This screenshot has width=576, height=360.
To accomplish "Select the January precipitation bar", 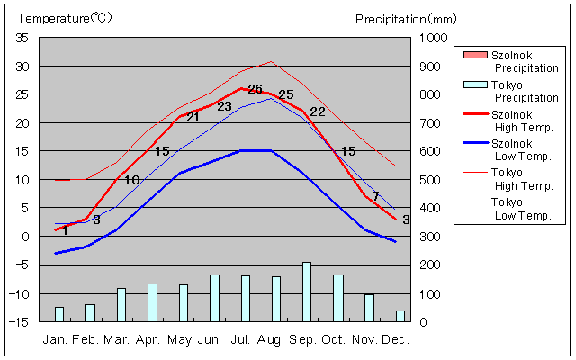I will tap(59, 313).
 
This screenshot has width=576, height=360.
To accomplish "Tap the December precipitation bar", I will tap(400, 315).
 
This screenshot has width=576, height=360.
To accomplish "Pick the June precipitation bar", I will tap(214, 298).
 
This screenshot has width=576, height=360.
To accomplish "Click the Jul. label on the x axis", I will tap(241, 339).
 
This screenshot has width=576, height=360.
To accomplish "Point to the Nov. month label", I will tap(364, 339).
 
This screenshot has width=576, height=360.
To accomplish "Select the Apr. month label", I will tap(148, 339).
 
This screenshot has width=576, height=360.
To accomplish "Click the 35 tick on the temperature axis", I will tap(22, 38).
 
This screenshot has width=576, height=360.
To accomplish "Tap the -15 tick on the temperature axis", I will tap(21, 321).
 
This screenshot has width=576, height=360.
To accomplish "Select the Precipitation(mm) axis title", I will tap(406, 18).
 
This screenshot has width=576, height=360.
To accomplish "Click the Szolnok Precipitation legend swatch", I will tap(473, 55).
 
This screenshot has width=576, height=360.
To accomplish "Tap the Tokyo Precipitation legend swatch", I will tap(473, 85).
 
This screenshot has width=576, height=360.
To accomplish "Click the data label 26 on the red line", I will tap(255, 89).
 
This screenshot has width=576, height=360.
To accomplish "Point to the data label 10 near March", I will tap(131, 180).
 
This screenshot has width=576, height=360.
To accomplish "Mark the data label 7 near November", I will tap(375, 196).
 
